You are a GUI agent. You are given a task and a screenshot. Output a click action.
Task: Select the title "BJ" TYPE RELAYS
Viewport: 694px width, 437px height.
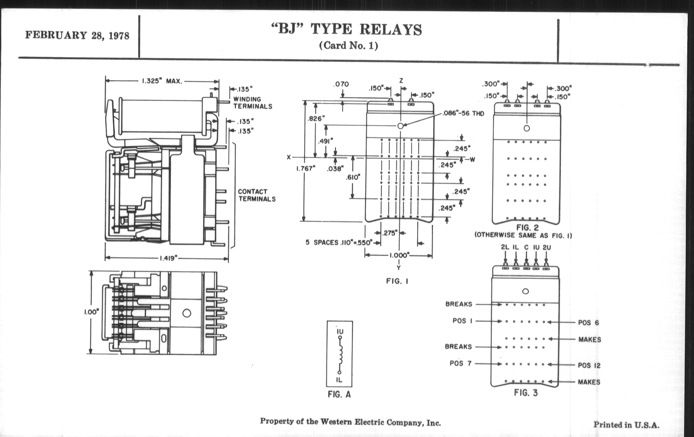347,29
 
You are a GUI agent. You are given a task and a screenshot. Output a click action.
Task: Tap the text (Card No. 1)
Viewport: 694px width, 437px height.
348,46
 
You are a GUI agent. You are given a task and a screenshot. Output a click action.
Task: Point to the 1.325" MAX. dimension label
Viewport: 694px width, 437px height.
162,81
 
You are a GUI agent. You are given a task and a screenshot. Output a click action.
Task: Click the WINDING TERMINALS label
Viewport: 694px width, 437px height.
253,103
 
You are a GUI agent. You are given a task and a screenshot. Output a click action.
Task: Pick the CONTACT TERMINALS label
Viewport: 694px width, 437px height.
257,195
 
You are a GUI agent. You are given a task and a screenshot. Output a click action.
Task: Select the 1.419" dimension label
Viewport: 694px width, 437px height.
168,258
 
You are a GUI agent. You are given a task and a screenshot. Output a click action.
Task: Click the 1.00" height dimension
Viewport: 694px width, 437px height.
91,312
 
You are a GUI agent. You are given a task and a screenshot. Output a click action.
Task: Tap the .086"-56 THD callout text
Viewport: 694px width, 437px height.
463,113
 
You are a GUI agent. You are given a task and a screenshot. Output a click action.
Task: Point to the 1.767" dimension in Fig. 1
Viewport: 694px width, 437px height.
306,169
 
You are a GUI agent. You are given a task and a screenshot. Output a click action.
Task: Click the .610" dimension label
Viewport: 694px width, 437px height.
353,177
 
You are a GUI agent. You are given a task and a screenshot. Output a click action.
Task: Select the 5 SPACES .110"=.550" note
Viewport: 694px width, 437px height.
339,242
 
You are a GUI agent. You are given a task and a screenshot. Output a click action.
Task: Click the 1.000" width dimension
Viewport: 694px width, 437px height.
399,255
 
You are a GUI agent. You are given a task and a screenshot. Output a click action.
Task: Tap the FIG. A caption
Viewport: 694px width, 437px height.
339,395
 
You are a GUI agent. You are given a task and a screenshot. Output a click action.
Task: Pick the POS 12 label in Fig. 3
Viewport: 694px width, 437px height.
589,366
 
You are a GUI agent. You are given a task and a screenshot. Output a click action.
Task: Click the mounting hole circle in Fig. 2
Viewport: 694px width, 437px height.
526,128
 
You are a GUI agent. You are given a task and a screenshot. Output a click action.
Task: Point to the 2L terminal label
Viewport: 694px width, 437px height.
505,247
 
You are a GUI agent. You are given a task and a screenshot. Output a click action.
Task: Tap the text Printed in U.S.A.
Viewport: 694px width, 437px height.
626,425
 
